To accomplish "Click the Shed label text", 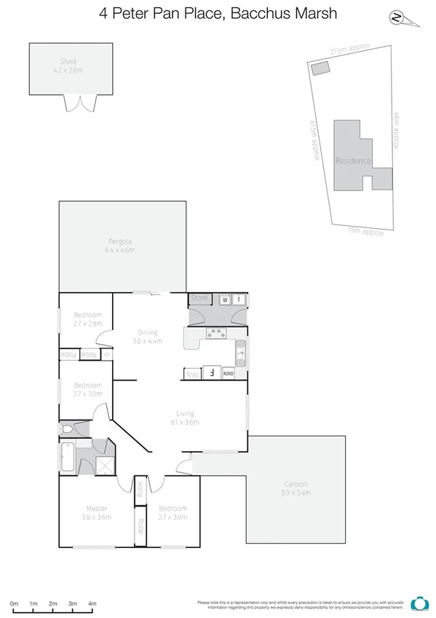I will (x=68, y=62).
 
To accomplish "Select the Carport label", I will (x=296, y=483).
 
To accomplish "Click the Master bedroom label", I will (x=97, y=508).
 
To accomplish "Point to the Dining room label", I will (x=147, y=332).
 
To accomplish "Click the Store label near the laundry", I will (x=199, y=298).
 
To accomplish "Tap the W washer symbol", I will (x=225, y=300).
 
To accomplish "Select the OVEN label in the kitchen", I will (x=229, y=374).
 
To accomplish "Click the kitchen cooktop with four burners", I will (x=217, y=333).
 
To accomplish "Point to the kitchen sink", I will (x=240, y=353).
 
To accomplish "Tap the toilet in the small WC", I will (x=67, y=429).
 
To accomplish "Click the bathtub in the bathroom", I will (x=66, y=457).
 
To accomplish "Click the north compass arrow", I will (x=396, y=17).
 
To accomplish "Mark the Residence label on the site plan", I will (x=353, y=161).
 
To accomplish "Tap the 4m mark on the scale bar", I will (x=92, y=604).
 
